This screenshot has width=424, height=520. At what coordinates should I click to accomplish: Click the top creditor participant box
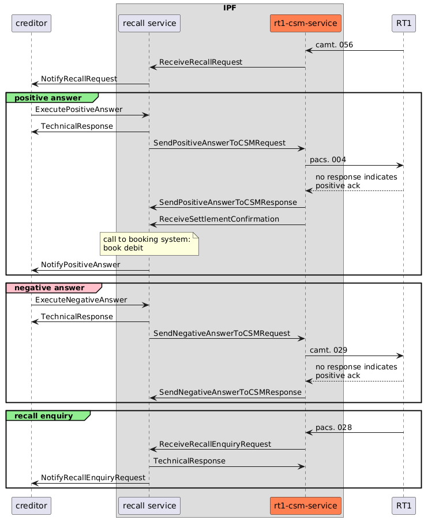pos(31,23)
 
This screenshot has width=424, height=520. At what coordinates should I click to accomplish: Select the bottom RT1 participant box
pos(403,506)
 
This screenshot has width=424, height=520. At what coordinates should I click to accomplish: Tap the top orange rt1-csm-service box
pos(305,23)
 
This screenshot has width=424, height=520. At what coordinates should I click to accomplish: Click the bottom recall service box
pos(149,506)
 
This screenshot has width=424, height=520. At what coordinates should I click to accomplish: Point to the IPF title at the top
pos(230,8)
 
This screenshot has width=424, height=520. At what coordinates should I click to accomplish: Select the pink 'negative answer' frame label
pos(53,287)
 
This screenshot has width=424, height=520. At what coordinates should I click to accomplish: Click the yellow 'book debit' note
pos(149,244)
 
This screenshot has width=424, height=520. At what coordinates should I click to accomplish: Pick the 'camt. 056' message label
pos(334,44)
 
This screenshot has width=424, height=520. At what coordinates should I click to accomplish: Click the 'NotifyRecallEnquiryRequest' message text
pos(93,477)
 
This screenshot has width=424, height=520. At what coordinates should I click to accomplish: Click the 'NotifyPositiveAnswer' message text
pos(80,264)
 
